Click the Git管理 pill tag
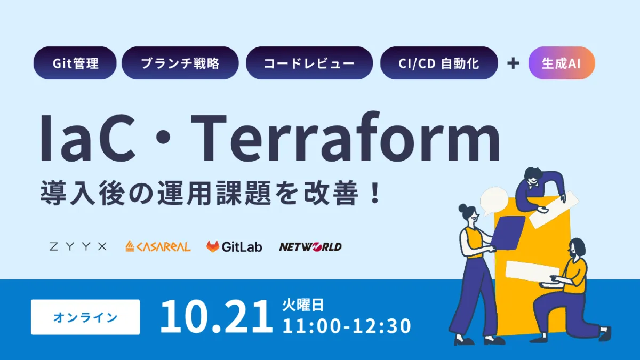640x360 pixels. click(75, 63)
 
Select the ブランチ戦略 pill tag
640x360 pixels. click(180, 63)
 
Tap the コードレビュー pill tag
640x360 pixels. click(309, 63)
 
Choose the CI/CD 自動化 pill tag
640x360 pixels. click(438, 63)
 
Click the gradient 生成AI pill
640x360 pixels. click(561, 63)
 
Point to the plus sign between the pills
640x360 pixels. click(513, 63)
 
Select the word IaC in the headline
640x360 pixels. click(88, 140)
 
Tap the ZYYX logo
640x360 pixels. click(78, 246)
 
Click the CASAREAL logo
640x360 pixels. click(158, 246)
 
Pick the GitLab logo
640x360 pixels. click(234, 246)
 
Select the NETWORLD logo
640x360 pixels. click(310, 246)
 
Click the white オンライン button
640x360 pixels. click(85, 317)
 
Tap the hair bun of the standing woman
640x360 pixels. click(461, 207)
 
